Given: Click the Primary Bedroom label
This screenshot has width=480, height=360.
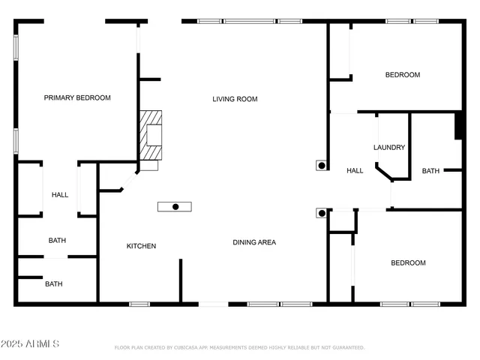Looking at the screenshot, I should (77, 97).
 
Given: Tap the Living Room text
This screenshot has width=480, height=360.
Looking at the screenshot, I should (235, 98).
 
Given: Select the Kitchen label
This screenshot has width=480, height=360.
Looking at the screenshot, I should (141, 246).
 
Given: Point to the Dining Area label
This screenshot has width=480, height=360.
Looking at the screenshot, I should (254, 242).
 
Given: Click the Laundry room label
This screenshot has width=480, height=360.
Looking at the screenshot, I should (389, 148).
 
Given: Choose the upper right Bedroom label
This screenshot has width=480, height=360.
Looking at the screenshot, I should (403, 75).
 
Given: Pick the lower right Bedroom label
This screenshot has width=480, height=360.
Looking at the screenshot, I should (408, 262).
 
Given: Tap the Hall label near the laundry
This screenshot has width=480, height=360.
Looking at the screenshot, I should (355, 171).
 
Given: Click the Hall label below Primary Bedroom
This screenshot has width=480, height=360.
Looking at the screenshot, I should (60, 195).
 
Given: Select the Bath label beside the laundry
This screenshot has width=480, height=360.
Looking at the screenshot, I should (430, 171).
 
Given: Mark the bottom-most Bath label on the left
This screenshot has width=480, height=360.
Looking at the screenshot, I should (54, 284).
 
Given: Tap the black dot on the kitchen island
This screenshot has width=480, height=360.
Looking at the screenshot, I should (175, 206).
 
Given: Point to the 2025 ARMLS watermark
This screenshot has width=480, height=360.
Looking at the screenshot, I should (31, 343).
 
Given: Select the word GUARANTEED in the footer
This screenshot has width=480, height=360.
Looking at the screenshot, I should (347, 348).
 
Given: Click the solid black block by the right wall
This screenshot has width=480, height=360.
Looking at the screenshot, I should (457, 126).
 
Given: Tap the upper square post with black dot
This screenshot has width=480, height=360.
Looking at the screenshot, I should (321, 166).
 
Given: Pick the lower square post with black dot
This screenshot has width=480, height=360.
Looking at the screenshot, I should (321, 213).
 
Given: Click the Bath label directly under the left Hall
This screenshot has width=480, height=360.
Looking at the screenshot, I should (57, 241).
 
